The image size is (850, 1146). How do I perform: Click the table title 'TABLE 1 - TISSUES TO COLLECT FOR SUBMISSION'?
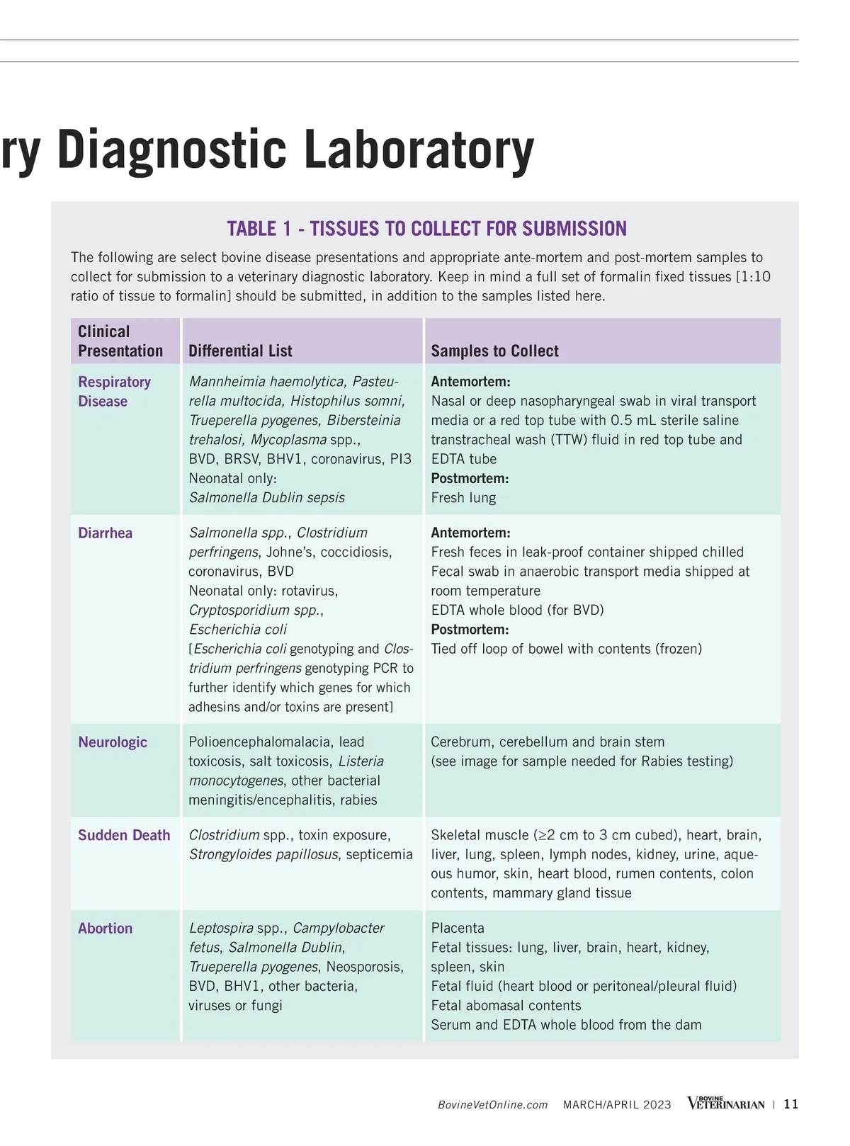426,229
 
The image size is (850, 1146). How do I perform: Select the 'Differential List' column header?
240,351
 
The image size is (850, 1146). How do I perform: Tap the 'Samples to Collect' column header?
494,351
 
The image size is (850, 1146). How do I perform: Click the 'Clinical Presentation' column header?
120,341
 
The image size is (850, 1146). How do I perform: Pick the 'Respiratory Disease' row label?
114,391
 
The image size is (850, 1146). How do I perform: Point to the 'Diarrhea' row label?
105,533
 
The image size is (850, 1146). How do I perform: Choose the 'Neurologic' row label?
113,742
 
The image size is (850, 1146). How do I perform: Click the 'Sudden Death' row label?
124,835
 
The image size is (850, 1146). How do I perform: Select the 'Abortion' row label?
105,929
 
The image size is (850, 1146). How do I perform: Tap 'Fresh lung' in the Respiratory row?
463,498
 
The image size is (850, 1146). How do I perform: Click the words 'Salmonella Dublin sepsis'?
266,498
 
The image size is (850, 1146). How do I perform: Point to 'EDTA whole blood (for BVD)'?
517,610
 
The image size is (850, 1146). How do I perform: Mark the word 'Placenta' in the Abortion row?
458,929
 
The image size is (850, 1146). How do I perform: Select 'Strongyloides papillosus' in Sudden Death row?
263,855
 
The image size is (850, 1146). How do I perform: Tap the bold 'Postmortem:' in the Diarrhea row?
470,630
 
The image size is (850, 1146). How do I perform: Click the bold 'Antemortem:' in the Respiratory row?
470,382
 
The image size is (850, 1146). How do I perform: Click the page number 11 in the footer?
791,1104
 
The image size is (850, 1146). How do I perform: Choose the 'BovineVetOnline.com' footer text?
492,1105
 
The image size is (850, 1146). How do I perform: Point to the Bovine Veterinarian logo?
726,1104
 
